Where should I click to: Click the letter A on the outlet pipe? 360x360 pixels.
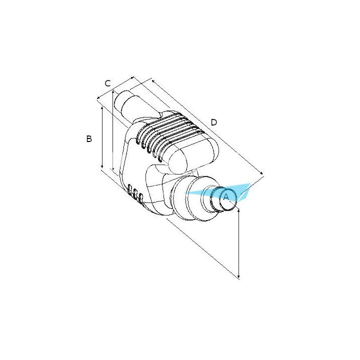pos(225,197)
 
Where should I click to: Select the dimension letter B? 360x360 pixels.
pos(89,139)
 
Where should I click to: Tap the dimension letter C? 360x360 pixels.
pos(107,83)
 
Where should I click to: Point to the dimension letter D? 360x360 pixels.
pos(214,122)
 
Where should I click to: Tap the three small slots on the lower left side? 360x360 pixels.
pos(135,194)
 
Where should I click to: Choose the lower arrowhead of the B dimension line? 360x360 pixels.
pos(102,168)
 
